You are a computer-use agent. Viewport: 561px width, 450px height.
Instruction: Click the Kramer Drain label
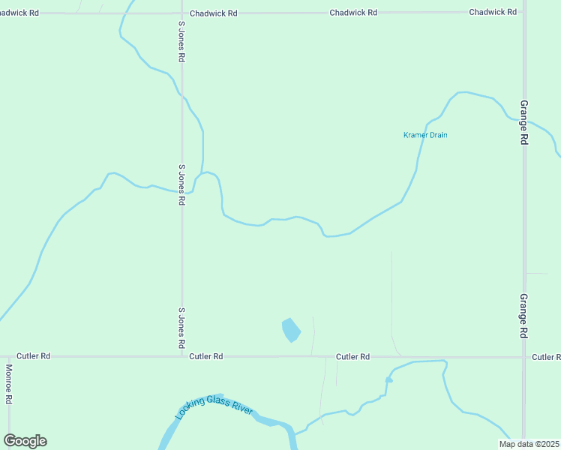pos(425,135)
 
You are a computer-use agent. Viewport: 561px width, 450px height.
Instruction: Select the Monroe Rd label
pos(9,384)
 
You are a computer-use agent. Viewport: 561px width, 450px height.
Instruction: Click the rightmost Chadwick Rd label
pos(493,12)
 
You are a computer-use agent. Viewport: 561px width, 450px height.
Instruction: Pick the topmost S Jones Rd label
pos(181,41)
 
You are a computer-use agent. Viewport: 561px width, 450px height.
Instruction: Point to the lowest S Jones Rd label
pos(181,328)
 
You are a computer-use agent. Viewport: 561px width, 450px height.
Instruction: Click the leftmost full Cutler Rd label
pos(34,356)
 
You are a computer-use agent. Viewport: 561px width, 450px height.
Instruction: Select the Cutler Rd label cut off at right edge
pos(546,357)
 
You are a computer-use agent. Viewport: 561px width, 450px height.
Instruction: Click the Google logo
pos(25,441)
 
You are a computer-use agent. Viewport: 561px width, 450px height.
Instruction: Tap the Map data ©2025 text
pos(529,444)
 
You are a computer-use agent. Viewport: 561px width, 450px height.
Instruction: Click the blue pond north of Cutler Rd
pos(291,330)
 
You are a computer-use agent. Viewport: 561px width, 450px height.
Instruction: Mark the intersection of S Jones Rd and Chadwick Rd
pos(181,13)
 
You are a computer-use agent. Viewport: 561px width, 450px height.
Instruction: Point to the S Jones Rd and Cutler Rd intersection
pos(181,356)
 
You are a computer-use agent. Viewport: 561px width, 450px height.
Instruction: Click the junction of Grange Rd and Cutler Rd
pos(523,357)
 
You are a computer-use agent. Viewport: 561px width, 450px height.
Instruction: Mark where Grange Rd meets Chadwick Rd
pos(523,12)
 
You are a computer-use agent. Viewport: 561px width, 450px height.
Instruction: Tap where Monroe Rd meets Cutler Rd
pos(9,357)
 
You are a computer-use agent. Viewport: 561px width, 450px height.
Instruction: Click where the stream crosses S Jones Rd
pos(181,192)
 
